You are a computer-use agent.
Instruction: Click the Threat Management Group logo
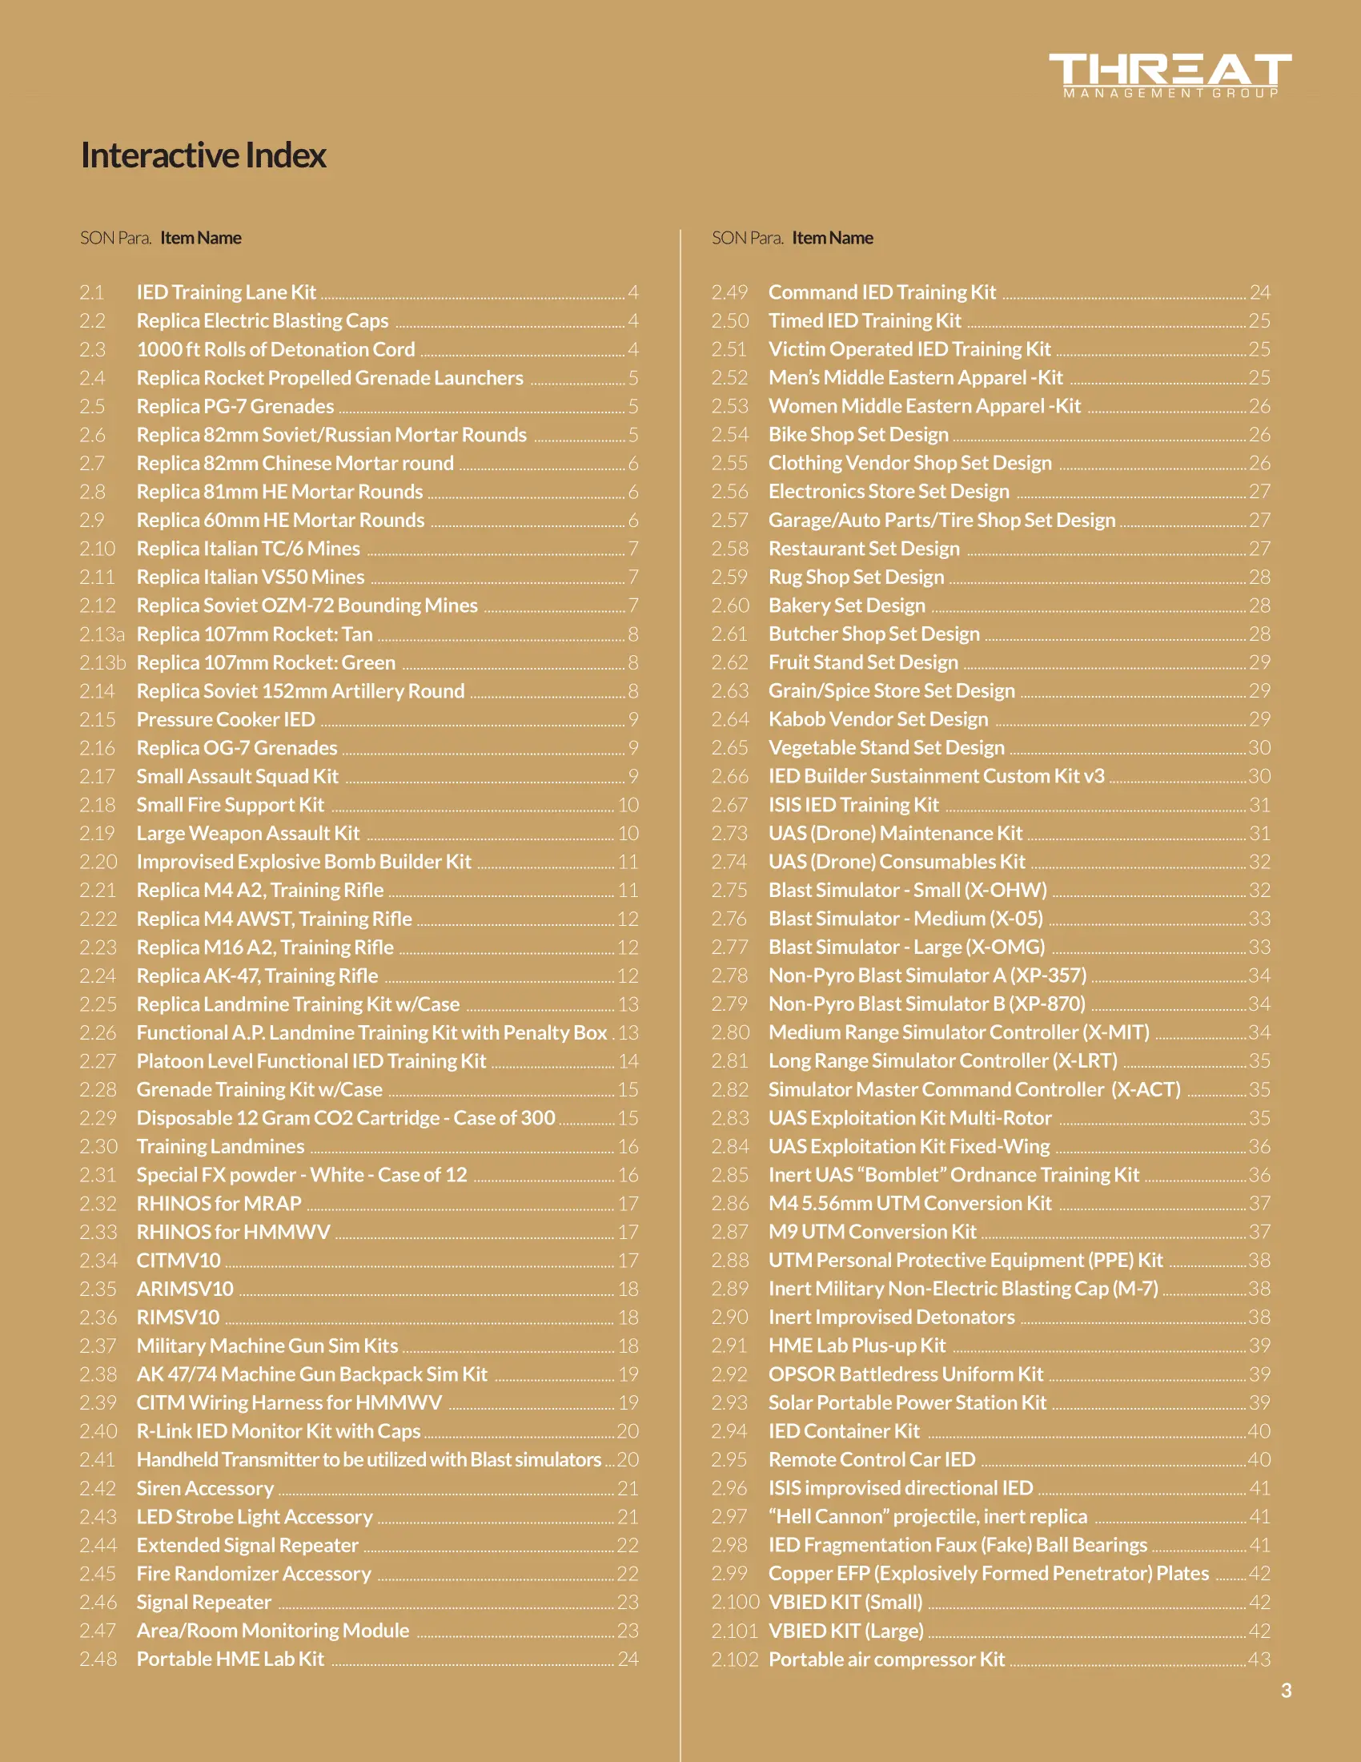pos(1169,74)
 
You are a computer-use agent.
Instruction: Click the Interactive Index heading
pos(203,155)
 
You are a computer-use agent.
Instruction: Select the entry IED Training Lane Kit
pos(226,292)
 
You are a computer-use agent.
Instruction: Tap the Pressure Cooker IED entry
pos(226,719)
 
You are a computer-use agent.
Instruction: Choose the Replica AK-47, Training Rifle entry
pos(257,976)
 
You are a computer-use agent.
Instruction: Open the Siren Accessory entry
pos(205,1488)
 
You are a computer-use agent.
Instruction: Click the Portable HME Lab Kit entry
pos(230,1659)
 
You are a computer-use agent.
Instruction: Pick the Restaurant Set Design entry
pos(864,549)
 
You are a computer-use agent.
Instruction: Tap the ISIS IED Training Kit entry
pos(853,804)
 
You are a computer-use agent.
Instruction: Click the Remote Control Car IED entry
pos(872,1459)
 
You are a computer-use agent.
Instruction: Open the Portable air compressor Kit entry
pos(886,1659)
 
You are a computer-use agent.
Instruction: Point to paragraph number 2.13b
pos(102,662)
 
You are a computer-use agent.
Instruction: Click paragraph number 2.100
pos(734,1602)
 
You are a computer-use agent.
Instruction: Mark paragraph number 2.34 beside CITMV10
pos(98,1260)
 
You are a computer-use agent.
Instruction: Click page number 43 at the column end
pos(1259,1659)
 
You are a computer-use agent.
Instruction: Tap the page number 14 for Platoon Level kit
pos(628,1061)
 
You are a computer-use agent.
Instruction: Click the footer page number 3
pos(1286,1690)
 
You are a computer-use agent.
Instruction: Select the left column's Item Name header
pos(201,238)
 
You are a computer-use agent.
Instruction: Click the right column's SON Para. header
pos(747,238)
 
